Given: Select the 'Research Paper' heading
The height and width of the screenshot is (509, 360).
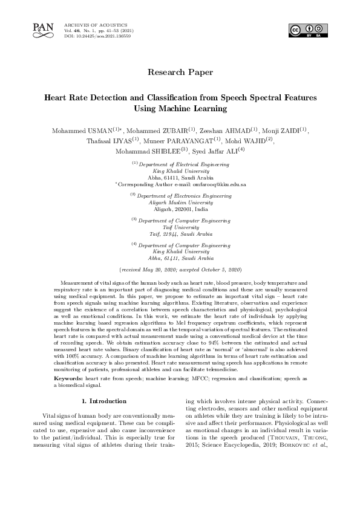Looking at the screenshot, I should pos(180,73).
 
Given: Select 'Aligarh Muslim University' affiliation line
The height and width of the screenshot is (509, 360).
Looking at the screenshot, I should pos(180,203).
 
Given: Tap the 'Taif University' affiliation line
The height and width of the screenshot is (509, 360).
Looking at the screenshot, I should pos(180,227).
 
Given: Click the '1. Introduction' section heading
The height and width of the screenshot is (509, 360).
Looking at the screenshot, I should pos(103,401).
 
